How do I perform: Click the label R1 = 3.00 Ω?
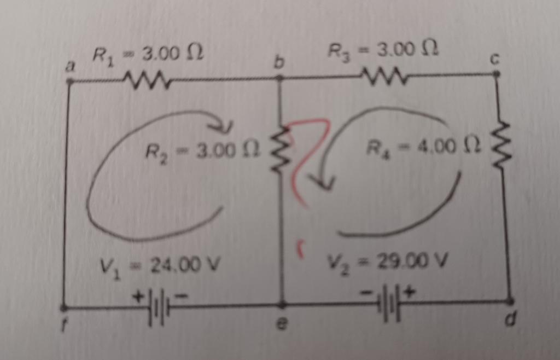[x=148, y=53]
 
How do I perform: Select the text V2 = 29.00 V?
[x=388, y=261]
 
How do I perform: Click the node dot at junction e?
[x=283, y=304]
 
